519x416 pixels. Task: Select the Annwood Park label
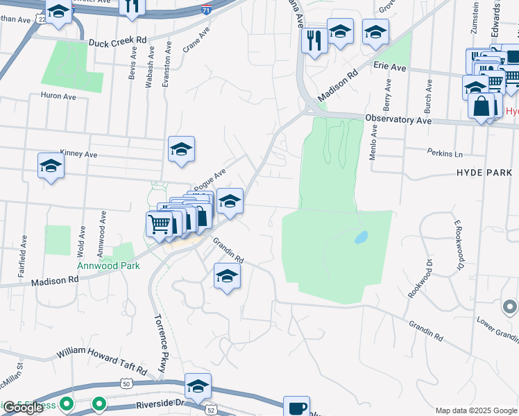[108, 266]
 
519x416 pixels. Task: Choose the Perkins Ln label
[445, 153]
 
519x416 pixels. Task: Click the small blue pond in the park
[361, 237]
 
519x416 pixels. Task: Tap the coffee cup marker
[297, 408]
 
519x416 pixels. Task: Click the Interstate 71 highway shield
[206, 10]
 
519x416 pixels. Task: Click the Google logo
[22, 408]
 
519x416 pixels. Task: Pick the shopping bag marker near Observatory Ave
[481, 107]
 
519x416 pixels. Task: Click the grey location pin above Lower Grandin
[510, 306]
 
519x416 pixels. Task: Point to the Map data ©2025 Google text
[476, 410]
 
